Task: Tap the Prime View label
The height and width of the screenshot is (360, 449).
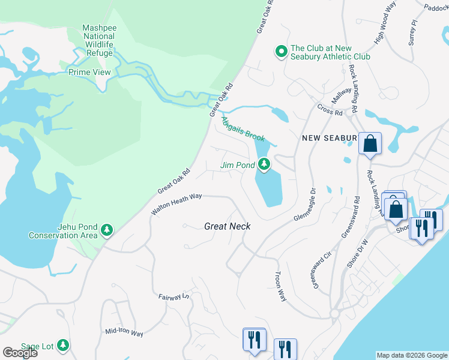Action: (89, 72)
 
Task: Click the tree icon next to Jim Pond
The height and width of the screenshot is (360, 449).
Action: (264, 164)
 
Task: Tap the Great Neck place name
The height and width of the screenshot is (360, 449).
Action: (227, 226)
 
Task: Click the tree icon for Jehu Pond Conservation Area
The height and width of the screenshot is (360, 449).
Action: (107, 230)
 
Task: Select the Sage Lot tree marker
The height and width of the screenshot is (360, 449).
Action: (64, 346)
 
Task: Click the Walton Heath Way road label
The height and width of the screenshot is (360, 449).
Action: (176, 203)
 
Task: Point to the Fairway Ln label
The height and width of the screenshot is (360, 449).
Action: (173, 296)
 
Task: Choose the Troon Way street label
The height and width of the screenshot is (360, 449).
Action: (280, 284)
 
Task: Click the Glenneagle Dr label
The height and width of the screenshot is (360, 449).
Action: (305, 205)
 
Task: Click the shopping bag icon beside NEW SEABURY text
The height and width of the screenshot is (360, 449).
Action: (370, 145)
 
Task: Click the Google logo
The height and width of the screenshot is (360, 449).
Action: (20, 353)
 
